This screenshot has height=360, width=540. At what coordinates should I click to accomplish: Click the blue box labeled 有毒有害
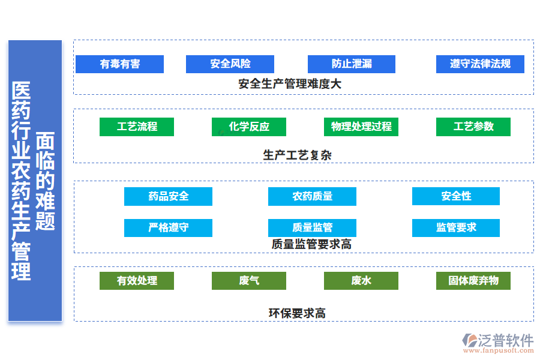coord(119,64)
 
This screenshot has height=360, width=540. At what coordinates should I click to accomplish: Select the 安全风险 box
coord(230,64)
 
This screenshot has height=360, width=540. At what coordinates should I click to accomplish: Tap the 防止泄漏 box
coord(352,64)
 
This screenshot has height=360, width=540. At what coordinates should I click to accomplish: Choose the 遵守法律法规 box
coord(480,64)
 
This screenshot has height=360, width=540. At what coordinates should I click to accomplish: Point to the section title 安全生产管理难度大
coord(290,84)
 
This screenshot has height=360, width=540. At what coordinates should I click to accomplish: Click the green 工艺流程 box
coord(137,127)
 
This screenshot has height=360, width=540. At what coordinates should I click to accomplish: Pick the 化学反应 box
coord(249,127)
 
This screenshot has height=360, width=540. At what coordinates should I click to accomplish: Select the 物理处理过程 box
coord(361,127)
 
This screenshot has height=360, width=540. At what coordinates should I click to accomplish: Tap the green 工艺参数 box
coord(473,127)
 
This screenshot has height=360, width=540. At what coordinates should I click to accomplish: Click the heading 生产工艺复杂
coord(297,155)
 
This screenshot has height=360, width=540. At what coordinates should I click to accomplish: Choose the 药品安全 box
coord(168,196)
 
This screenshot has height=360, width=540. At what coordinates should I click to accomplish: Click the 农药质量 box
coord(312,196)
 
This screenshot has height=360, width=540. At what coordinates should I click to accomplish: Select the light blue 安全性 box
coord(456,196)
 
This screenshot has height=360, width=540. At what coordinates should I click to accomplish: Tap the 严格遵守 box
coord(168,227)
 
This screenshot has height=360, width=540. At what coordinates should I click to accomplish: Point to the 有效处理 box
coord(137,281)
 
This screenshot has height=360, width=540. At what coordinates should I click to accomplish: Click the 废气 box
coord(249,281)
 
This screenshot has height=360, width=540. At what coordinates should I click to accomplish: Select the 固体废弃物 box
coord(473,281)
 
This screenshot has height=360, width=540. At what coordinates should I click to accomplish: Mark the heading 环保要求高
coord(297,313)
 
